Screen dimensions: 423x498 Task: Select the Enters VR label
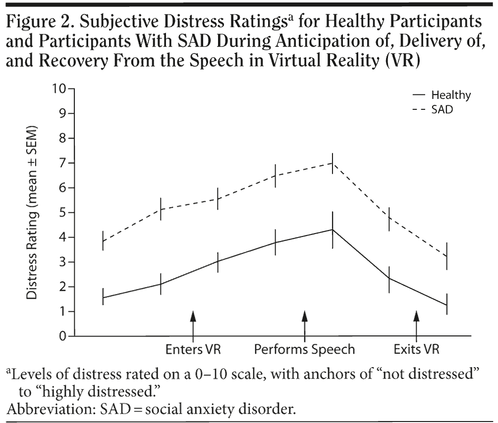(x=193, y=349)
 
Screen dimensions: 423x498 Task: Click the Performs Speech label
(x=305, y=349)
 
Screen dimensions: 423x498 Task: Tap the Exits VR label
(x=417, y=349)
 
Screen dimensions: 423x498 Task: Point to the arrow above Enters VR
(x=193, y=324)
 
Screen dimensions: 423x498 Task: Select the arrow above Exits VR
(x=417, y=324)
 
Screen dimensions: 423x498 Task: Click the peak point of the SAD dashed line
(x=332, y=163)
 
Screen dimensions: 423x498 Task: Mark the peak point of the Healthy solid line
(x=332, y=230)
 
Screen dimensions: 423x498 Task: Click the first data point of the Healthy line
(x=103, y=297)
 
